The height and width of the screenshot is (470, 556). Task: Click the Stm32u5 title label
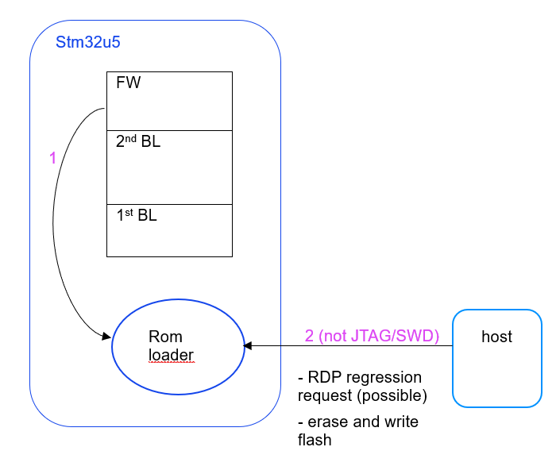click(x=87, y=42)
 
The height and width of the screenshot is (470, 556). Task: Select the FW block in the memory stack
click(x=169, y=101)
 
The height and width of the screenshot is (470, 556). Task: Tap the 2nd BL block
click(x=169, y=167)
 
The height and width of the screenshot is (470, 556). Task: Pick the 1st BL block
click(x=169, y=230)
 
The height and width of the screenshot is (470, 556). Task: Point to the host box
click(x=497, y=358)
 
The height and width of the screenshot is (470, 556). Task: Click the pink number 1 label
click(x=53, y=158)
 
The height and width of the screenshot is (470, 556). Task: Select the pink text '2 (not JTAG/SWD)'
click(x=372, y=336)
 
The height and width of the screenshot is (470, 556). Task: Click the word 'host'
click(x=496, y=337)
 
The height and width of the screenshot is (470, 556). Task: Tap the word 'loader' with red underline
click(x=171, y=354)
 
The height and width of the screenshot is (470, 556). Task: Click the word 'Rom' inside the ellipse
click(x=165, y=337)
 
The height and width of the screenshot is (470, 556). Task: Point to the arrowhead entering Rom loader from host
click(x=248, y=345)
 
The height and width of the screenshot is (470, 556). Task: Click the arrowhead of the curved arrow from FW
click(x=106, y=337)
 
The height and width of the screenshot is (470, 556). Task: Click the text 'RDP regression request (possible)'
click(x=361, y=386)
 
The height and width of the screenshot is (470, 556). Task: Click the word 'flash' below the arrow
click(x=315, y=440)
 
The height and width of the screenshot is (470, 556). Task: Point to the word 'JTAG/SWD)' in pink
click(x=403, y=336)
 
